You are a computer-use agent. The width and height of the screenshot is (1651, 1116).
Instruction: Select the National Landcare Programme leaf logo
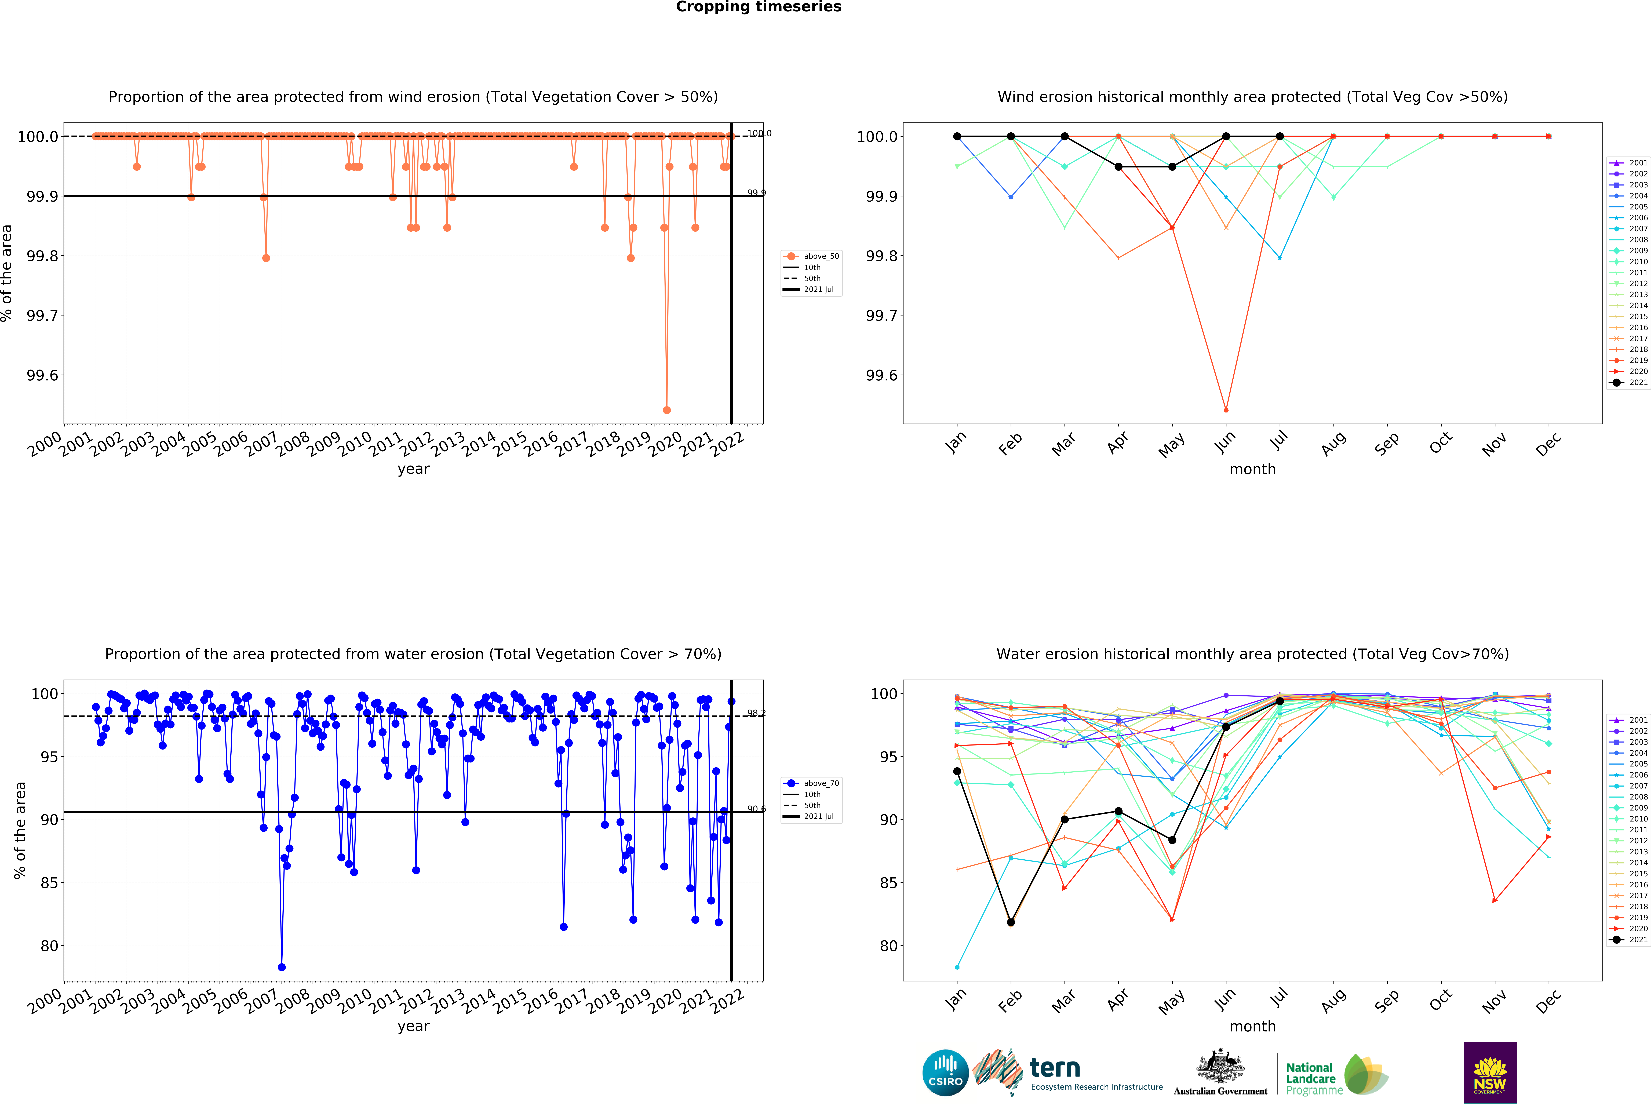pyautogui.click(x=1365, y=1074)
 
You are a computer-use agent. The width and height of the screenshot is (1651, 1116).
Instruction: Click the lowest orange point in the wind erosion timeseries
pyautogui.click(x=666, y=410)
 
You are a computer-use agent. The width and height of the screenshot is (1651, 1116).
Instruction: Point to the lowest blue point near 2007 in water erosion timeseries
pyautogui.click(x=281, y=967)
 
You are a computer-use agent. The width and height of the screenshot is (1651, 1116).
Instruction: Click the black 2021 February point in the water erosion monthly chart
pyautogui.click(x=1011, y=922)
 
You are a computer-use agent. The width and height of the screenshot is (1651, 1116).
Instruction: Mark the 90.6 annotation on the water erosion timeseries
pyautogui.click(x=756, y=808)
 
